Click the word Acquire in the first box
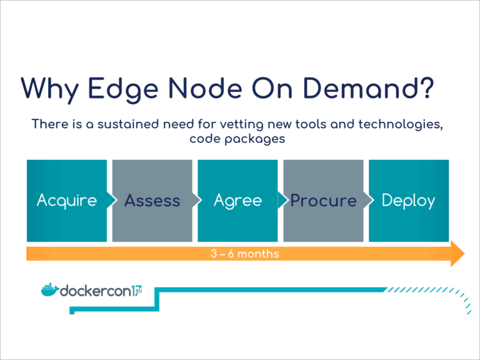(x=67, y=201)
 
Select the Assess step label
(x=152, y=201)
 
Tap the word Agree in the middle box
(x=238, y=201)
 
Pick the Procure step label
(x=324, y=201)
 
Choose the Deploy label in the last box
(x=408, y=201)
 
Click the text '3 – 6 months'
(x=245, y=254)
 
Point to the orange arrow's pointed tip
(x=464, y=254)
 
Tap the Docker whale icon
(x=49, y=290)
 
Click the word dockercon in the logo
(x=96, y=291)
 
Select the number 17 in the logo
(x=137, y=291)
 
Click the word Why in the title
(x=50, y=89)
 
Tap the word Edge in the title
(x=123, y=89)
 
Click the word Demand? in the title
(x=369, y=88)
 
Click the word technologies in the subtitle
(x=401, y=125)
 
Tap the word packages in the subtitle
(x=255, y=139)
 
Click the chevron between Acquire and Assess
(x=112, y=200)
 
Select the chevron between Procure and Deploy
(x=369, y=200)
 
